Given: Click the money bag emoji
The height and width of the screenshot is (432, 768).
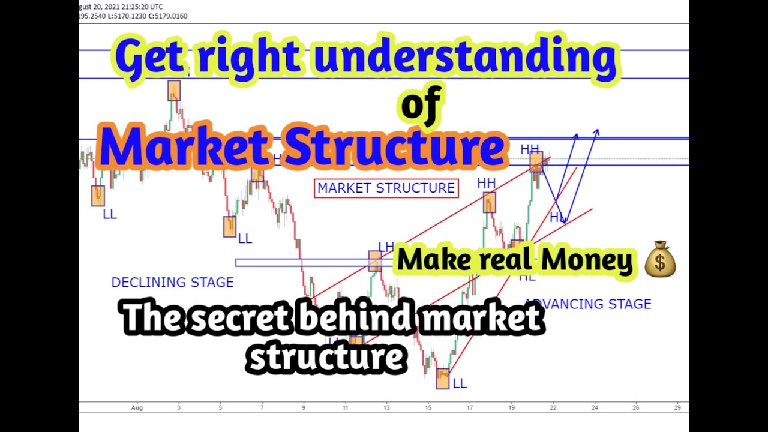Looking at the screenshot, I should pyautogui.click(x=660, y=259).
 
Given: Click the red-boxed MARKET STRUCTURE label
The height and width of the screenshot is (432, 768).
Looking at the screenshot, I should pyautogui.click(x=386, y=188).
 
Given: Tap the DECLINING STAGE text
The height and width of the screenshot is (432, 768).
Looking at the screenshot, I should pyautogui.click(x=172, y=282).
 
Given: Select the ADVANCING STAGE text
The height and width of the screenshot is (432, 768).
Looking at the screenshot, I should pyautogui.click(x=588, y=304).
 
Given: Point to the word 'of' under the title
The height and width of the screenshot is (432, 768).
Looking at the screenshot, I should pyautogui.click(x=421, y=106).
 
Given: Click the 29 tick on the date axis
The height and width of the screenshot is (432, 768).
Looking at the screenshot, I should pyautogui.click(x=677, y=407).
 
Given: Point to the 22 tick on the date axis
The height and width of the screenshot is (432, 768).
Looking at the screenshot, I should pyautogui.click(x=553, y=407).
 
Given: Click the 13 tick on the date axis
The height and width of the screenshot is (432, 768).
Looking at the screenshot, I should pyautogui.click(x=387, y=407).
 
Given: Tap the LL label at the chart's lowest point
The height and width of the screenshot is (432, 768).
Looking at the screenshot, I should pyautogui.click(x=460, y=383).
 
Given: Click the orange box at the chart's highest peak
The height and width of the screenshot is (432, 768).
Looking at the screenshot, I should pyautogui.click(x=174, y=91).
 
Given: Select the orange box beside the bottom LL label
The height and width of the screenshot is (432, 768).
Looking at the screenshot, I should pyautogui.click(x=443, y=379).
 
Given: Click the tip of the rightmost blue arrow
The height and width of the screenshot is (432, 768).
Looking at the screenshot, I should pyautogui.click(x=597, y=130).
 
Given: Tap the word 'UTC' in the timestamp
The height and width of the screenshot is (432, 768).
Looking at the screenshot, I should pyautogui.click(x=156, y=7).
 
